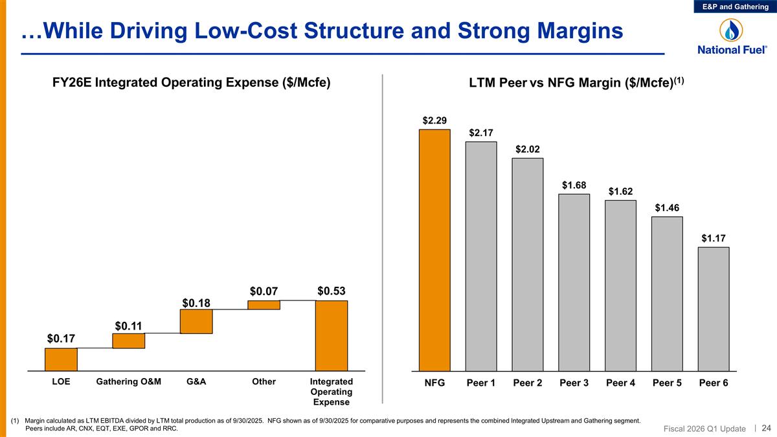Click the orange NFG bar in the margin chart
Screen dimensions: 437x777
(x=434, y=251)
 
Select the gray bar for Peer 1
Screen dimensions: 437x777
(x=481, y=256)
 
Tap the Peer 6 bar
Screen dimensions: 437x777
(x=714, y=309)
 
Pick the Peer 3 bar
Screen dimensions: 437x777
(x=574, y=283)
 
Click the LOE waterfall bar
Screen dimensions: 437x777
(x=61, y=359)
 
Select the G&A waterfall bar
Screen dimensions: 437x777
(x=196, y=321)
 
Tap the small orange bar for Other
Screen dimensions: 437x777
(x=264, y=305)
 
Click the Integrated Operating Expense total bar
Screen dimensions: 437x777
(x=332, y=335)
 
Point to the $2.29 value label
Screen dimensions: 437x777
(x=434, y=120)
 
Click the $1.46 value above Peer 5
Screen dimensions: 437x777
(x=667, y=208)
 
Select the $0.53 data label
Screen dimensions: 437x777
(x=331, y=291)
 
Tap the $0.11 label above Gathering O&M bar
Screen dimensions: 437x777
(x=128, y=325)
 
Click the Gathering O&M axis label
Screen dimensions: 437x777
(x=128, y=382)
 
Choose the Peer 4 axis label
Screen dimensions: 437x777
(x=620, y=383)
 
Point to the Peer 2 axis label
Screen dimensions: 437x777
(x=528, y=383)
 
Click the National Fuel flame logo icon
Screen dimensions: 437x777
(x=732, y=30)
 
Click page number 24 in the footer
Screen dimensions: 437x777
(x=766, y=428)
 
